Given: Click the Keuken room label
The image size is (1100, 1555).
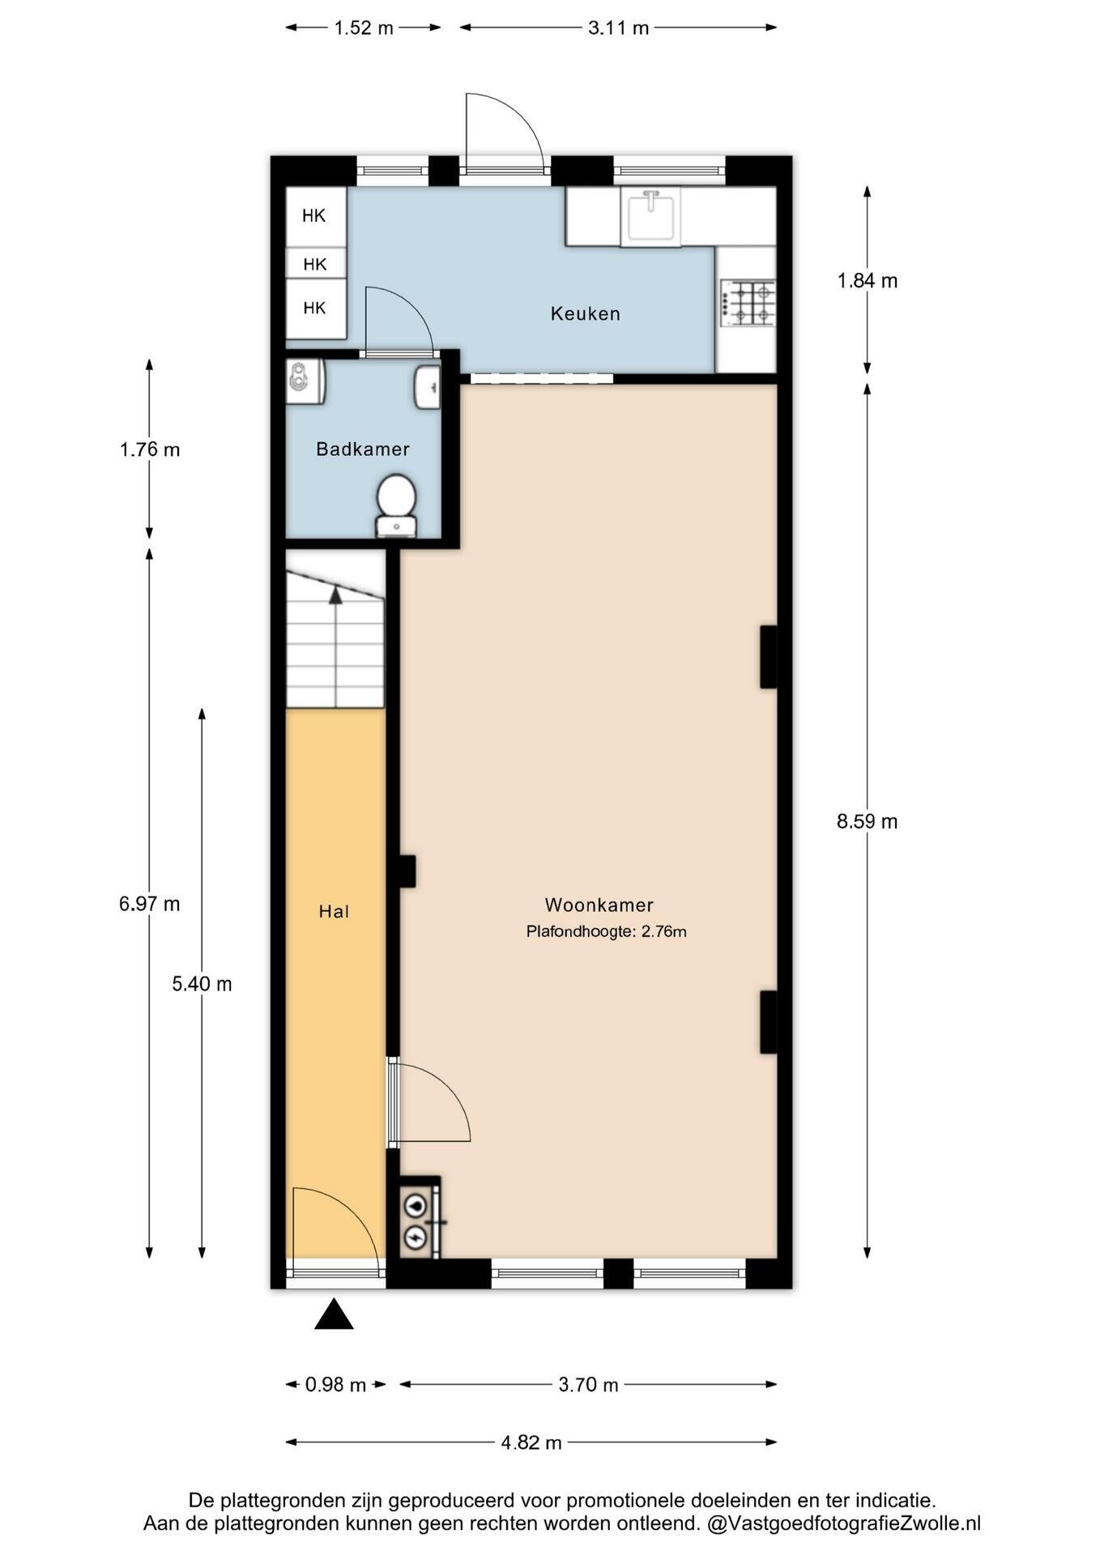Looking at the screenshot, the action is pos(585,313).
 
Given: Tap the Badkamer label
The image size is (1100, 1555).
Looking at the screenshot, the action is pos(362,449).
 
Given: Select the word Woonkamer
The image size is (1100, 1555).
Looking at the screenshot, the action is pos(599,905).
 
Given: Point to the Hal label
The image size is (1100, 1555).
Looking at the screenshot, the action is pos(334,911).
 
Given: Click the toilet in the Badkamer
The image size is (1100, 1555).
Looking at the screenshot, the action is pos(397,505).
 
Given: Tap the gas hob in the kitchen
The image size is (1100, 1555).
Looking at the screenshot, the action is pos(748,303).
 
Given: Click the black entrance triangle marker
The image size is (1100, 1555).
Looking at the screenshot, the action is pos(334,1314).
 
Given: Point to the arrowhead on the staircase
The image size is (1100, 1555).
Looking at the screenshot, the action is pos(335,595).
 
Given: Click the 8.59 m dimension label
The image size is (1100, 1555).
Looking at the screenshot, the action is pos(867,821).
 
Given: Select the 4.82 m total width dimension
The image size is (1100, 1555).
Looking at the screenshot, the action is pos(531,1442).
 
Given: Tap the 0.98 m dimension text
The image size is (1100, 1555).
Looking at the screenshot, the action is pos(335,1385).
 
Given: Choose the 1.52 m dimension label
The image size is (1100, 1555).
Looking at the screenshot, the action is pos(364,28).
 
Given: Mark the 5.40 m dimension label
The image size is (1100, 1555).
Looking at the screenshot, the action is pos(202,983).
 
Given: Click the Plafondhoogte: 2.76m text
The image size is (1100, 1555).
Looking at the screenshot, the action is pos(606,931).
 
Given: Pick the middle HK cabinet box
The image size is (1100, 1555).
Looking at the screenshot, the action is pos(316,263).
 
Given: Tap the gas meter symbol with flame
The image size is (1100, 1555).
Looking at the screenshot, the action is pos(416,1205).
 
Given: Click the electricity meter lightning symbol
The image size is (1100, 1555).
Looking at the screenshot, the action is pos(416,1237).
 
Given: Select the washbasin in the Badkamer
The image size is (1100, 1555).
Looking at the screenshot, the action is pos(428,387).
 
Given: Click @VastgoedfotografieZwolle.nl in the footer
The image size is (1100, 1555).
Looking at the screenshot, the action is pos(844,1523).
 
